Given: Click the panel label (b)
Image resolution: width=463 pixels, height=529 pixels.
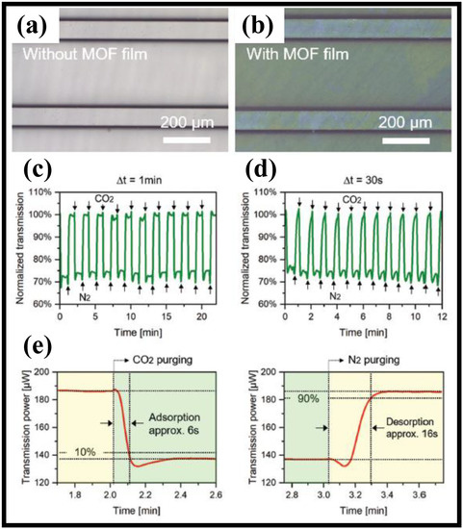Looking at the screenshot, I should pyautogui.click(x=264, y=21).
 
